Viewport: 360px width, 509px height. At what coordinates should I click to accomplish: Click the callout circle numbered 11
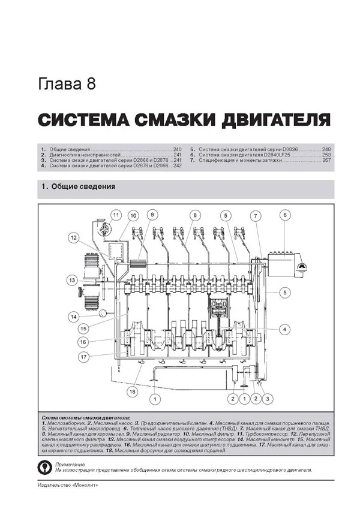coord(116,215)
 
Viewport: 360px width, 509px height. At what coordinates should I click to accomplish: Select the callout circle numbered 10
coord(133,215)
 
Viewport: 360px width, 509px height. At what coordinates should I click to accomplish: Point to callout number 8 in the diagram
coord(195,215)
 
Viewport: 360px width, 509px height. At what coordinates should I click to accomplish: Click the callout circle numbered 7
coord(254,216)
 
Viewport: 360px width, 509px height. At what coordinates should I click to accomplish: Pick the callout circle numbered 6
coord(285,215)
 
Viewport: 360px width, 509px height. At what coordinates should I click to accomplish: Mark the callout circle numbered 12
coord(73,238)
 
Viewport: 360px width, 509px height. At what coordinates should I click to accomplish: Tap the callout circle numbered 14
coord(73,316)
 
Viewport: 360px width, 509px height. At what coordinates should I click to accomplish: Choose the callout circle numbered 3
coord(267,398)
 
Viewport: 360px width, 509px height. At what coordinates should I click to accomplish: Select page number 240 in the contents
coord(177,148)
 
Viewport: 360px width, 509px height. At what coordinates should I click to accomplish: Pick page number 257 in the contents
coord(326,161)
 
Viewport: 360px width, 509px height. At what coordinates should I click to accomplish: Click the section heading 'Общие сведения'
coord(83,186)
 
